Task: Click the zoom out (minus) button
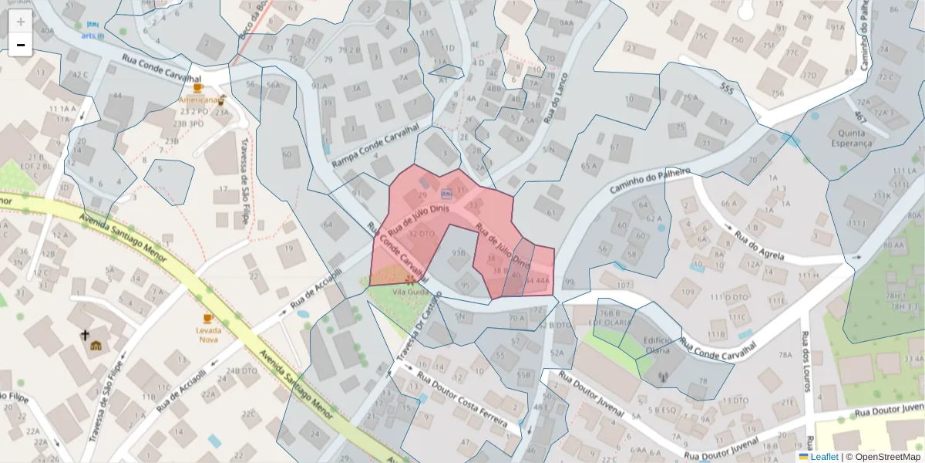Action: pos(20,45)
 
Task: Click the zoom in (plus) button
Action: pos(20,22)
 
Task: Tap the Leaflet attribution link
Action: pos(824,457)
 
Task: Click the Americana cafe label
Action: pos(198,100)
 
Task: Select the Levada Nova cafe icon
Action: pos(207,318)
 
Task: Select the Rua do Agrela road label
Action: pos(759,244)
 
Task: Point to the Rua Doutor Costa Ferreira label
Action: pos(462,401)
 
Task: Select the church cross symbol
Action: pos(85,335)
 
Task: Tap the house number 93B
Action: pos(459,253)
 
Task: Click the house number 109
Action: pos(688,292)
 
